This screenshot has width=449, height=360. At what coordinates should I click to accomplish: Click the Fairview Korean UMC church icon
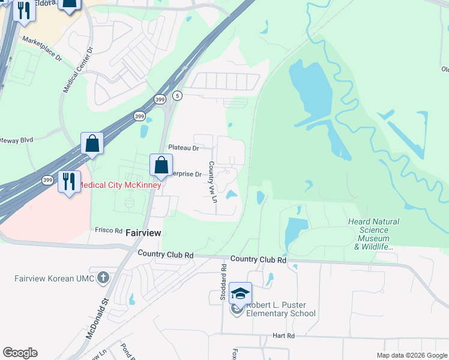(104, 278)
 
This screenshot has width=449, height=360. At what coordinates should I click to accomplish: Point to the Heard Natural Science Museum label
(373, 234)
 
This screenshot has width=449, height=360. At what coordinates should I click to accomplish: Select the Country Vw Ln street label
(212, 181)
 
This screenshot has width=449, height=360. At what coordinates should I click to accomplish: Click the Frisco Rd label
(109, 230)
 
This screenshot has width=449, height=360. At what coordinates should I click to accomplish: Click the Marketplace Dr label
(42, 49)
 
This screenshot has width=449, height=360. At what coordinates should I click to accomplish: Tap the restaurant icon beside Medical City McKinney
(69, 180)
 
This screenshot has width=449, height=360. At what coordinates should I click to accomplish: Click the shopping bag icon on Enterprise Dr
(161, 165)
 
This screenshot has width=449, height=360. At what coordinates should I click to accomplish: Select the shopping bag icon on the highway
(92, 143)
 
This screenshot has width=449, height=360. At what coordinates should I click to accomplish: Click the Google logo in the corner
(20, 353)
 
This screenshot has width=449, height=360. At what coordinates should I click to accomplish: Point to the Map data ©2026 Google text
(411, 355)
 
